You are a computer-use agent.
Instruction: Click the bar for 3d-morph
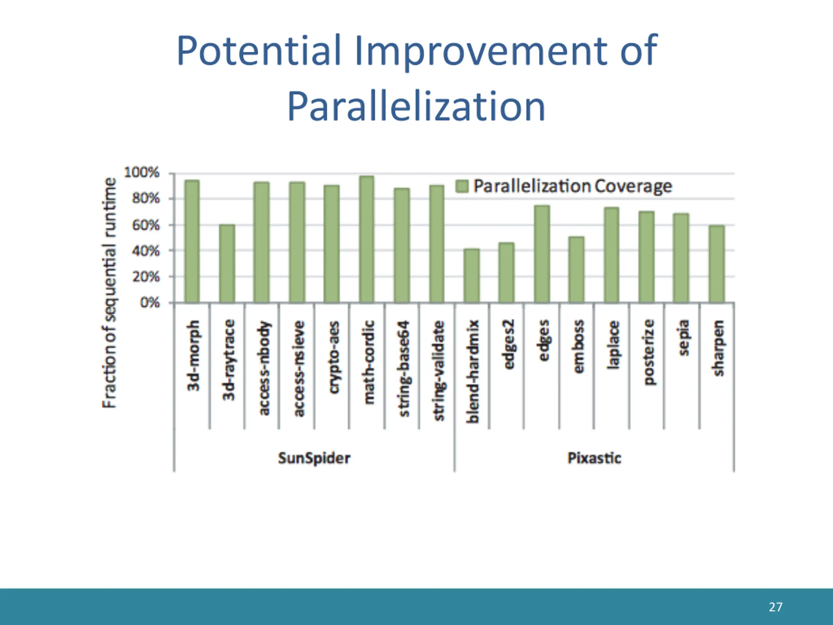pos(192,241)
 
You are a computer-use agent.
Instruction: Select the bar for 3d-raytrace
pos(227,264)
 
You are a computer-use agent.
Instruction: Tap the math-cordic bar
pos(366,239)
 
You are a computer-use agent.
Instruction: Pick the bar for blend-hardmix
pos(471,275)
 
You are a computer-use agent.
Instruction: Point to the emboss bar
pos(576,269)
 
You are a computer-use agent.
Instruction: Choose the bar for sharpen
pos(717,264)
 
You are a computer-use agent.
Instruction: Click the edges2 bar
pos(507,272)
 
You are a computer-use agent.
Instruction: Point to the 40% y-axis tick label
pos(145,251)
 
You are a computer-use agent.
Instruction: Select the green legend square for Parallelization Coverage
pos(462,186)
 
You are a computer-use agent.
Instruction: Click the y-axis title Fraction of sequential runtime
pos(109,293)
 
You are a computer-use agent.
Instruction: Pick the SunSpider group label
pos(314,458)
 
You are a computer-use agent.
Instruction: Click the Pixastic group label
pos(594,458)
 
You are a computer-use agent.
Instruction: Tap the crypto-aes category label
pos(334,357)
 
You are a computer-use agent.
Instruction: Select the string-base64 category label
pos(404,368)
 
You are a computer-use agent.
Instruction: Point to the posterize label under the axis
pos(649,352)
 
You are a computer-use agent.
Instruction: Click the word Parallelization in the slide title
pos(416,107)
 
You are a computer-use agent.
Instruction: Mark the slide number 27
pos(775,607)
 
